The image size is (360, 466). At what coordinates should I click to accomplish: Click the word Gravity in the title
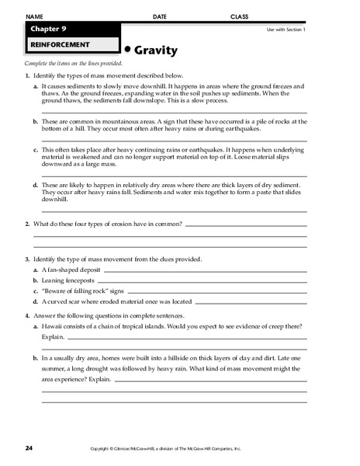point(157,50)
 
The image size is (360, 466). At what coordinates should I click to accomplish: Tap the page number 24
point(29,448)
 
